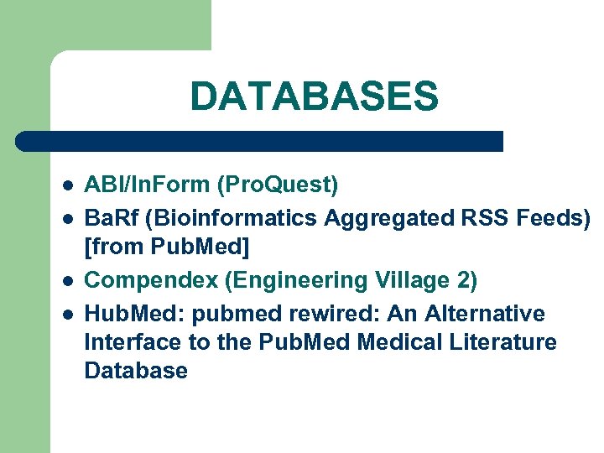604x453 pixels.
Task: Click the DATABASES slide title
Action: click(314, 96)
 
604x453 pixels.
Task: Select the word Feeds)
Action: click(546, 217)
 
